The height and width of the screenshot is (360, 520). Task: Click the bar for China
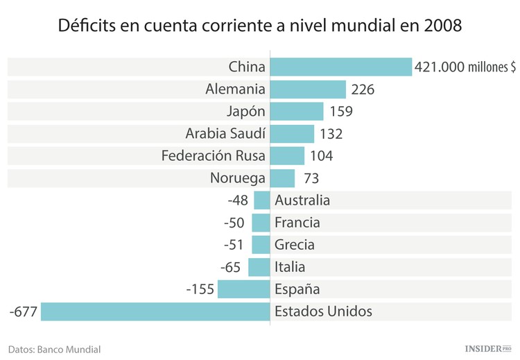[x=340, y=67]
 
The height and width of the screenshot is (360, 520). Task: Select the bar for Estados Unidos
[x=155, y=311]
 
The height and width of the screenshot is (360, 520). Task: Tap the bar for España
[x=243, y=289]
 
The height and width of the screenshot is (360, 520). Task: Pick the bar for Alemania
[x=307, y=89]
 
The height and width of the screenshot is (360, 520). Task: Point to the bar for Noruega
[x=281, y=178]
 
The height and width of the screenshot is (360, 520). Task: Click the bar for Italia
[x=259, y=267]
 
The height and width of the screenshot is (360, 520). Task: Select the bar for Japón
[x=296, y=111]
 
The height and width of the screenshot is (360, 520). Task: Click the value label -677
[x=23, y=311]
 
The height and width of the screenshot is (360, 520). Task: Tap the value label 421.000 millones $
[x=465, y=67]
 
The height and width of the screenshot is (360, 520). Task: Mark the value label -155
[x=200, y=289]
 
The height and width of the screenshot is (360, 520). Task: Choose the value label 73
[x=311, y=178]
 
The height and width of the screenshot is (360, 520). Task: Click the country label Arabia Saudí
[x=225, y=134]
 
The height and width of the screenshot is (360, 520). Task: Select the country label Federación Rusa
[x=213, y=156]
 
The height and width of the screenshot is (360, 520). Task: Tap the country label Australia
[x=302, y=200]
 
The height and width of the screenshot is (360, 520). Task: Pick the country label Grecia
[x=294, y=245]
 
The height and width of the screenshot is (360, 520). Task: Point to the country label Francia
[x=297, y=223]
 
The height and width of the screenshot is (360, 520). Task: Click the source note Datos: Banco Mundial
[x=55, y=349]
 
